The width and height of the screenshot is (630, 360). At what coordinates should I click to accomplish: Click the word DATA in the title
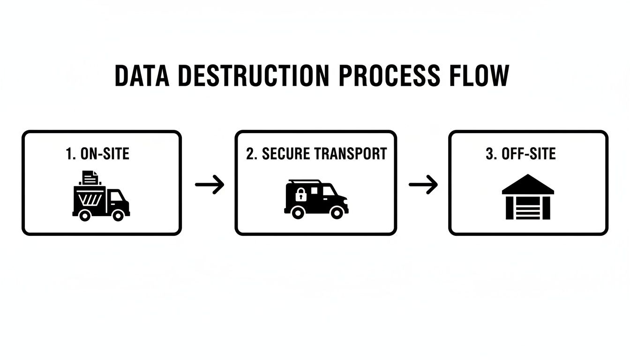[142, 75]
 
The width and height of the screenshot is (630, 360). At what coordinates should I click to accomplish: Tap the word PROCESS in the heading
[389, 75]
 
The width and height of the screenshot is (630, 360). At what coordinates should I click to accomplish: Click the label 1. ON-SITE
[98, 154]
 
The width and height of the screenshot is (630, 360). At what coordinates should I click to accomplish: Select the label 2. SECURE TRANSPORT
[316, 154]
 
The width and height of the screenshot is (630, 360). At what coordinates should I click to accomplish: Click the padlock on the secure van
[300, 195]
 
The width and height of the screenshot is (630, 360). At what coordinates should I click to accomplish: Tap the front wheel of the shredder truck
[118, 215]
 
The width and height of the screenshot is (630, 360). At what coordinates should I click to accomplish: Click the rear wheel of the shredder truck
[85, 215]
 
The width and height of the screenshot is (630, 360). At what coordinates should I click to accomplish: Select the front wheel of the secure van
[337, 212]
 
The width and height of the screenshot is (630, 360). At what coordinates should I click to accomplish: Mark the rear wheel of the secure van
[297, 212]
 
